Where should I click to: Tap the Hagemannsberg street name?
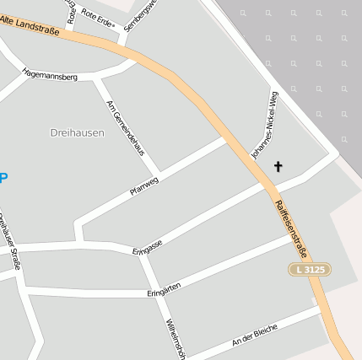point(50,75)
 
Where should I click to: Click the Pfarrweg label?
point(144,185)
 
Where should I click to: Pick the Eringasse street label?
point(148,245)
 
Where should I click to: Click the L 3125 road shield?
point(309,269)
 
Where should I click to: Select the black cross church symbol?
point(278,167)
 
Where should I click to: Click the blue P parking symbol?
point(3,178)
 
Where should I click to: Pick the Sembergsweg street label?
point(139,15)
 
